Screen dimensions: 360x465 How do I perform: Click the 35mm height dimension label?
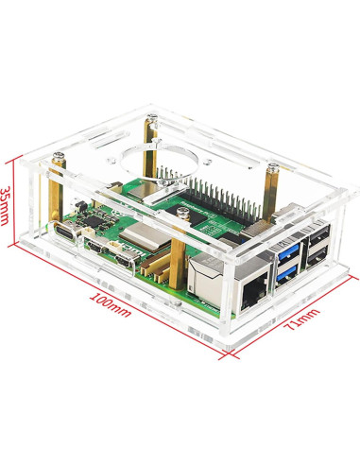(6, 206)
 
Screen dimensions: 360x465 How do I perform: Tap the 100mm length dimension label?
(111, 305)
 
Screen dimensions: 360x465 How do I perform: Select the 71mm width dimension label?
(301, 319)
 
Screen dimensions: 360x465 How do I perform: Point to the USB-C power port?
(65, 232)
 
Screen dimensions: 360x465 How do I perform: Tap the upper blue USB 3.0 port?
(287, 254)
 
